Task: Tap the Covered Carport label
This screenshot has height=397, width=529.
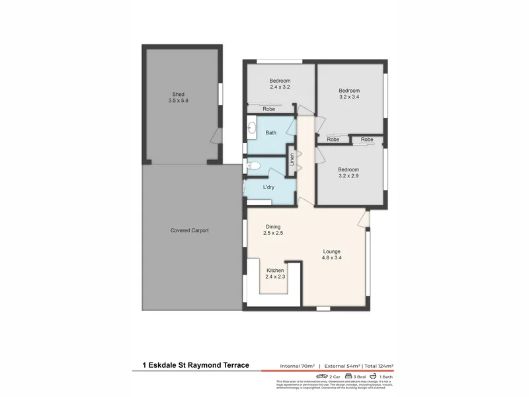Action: [x=190, y=230]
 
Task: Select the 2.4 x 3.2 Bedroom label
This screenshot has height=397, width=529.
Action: [x=280, y=81]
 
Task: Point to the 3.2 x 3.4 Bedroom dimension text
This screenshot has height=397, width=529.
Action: [x=349, y=97]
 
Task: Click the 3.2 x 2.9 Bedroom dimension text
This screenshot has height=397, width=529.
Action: [x=349, y=175]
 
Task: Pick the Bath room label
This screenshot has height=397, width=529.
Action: [x=271, y=133]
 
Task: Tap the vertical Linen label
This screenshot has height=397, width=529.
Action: [x=292, y=159]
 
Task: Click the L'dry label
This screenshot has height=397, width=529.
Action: [x=268, y=187]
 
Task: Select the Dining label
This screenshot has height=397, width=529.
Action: [x=273, y=226]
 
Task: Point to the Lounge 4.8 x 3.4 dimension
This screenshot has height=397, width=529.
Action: [x=332, y=258]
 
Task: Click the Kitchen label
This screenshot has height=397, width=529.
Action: [x=275, y=271]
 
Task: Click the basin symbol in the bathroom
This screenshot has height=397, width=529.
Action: [x=252, y=129]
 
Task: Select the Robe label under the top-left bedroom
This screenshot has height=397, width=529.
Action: [x=269, y=109]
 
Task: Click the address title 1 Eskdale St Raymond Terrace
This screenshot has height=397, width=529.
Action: [x=195, y=365]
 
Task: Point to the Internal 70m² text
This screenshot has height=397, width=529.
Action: [x=296, y=365]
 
